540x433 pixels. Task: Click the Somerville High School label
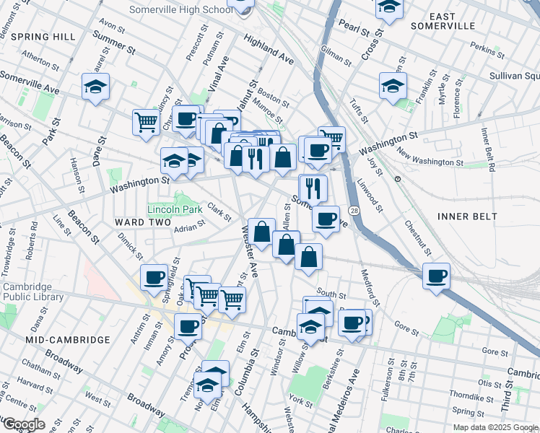(x=180, y=9)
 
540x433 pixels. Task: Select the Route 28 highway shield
(x=354, y=210)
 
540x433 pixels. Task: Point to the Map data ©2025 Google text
(x=495, y=427)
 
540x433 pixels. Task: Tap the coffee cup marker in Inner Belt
(x=436, y=276)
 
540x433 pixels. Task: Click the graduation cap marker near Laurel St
(x=95, y=86)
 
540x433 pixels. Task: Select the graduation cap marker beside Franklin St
(x=392, y=85)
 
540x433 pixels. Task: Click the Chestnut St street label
(x=417, y=238)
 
